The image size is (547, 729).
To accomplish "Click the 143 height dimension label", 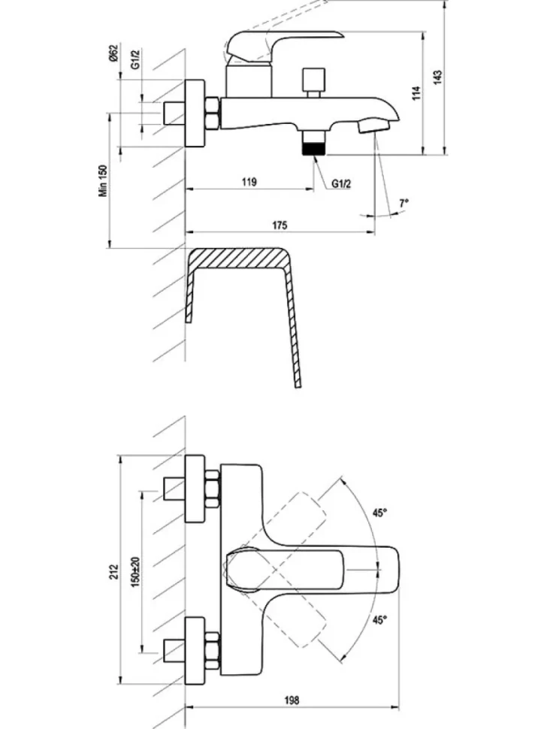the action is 438,77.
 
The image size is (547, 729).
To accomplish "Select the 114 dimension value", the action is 416,92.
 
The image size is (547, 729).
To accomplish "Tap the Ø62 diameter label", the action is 114,53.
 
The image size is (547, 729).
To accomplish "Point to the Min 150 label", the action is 102,180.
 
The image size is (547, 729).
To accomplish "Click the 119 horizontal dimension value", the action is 249,181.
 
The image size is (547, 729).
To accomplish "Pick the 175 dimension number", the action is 280,225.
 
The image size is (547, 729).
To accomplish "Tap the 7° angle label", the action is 403,203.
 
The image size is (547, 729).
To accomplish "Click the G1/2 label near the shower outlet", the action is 341,184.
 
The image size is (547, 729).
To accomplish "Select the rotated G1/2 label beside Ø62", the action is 135,59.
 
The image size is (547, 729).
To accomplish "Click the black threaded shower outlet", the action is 314,149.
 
